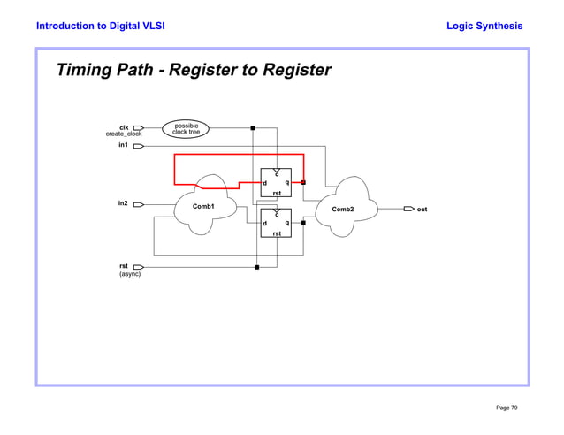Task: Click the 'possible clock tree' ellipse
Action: [x=186, y=129]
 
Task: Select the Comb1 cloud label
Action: [x=204, y=206]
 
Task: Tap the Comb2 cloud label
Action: [x=342, y=210]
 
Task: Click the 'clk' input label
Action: [x=125, y=126]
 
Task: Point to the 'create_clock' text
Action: [x=124, y=134]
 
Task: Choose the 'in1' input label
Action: [x=124, y=145]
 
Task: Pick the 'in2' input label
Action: [x=124, y=203]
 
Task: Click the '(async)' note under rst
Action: [x=130, y=274]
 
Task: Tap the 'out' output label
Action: [x=422, y=210]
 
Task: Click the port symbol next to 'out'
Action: [x=408, y=210]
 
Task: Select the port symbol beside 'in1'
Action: [x=139, y=146]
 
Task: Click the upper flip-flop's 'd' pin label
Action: [x=265, y=183]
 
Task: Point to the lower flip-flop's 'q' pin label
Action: [x=286, y=223]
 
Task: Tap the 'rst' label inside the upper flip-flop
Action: [x=277, y=193]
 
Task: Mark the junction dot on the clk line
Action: [x=254, y=128]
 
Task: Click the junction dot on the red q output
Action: [x=303, y=182]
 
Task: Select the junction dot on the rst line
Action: [x=256, y=266]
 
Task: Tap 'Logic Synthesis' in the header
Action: [x=484, y=26]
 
